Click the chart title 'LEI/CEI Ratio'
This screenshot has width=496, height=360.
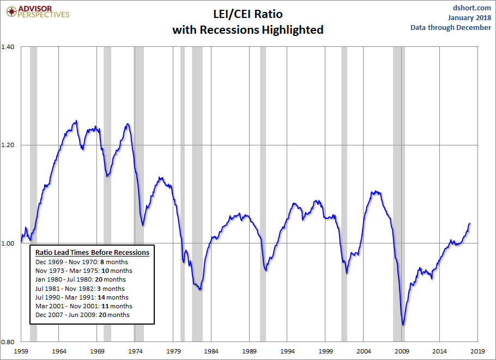tap(247, 14)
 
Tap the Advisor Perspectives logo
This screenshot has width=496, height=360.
tap(38, 12)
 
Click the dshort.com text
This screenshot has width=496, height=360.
tap(471, 8)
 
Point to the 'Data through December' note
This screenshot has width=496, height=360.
tap(451, 27)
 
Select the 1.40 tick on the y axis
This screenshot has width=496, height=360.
tap(8, 47)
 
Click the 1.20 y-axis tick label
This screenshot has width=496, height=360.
tap(8, 145)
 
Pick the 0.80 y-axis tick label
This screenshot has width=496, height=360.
tap(8, 341)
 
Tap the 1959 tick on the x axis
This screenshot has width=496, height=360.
tap(21, 351)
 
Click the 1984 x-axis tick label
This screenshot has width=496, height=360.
tap(211, 351)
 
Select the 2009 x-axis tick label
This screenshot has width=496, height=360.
tap(402, 351)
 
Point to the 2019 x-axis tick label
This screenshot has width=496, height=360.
tap(477, 351)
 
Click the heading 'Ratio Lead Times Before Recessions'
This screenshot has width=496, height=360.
tap(92, 253)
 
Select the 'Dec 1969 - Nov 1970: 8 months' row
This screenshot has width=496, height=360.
tap(82, 262)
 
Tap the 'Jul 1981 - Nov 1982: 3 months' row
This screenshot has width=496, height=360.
tap(80, 289)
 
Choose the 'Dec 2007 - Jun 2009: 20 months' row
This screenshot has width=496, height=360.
tap(82, 315)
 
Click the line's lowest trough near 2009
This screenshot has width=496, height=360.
tap(403, 325)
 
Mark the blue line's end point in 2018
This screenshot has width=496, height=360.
tap(470, 223)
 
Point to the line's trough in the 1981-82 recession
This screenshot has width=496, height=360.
tap(200, 289)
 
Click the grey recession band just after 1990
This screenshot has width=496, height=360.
tap(263, 194)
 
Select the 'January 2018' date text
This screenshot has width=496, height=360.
tap(469, 17)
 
